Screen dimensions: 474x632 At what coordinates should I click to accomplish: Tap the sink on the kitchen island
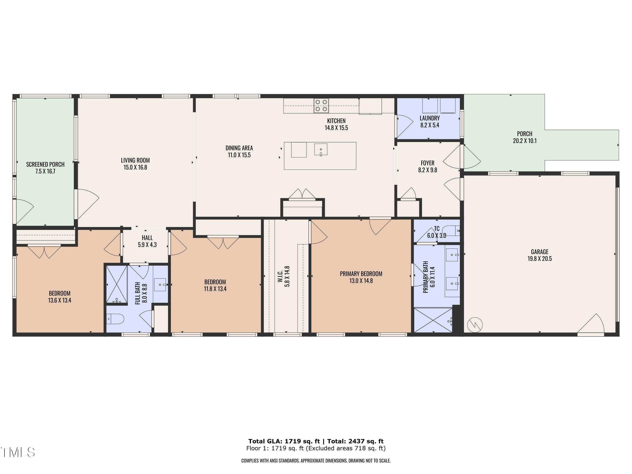click(x=321, y=149)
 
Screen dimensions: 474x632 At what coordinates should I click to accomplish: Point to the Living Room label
click(x=135, y=161)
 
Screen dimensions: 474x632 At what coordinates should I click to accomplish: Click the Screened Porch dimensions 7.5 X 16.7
click(x=45, y=171)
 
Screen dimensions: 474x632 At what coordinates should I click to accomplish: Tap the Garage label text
click(x=540, y=252)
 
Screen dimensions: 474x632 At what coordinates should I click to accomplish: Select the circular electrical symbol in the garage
click(x=475, y=325)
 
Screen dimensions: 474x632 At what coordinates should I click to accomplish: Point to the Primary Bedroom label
click(x=361, y=274)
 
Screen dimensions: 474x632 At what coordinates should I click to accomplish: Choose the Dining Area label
click(x=239, y=148)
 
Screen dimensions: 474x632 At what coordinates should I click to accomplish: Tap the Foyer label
click(x=427, y=163)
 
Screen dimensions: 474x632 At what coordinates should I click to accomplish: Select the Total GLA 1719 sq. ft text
click(x=284, y=441)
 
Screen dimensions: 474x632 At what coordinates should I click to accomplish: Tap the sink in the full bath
click(x=160, y=285)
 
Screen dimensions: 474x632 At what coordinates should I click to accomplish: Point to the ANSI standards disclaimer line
click(x=316, y=461)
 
